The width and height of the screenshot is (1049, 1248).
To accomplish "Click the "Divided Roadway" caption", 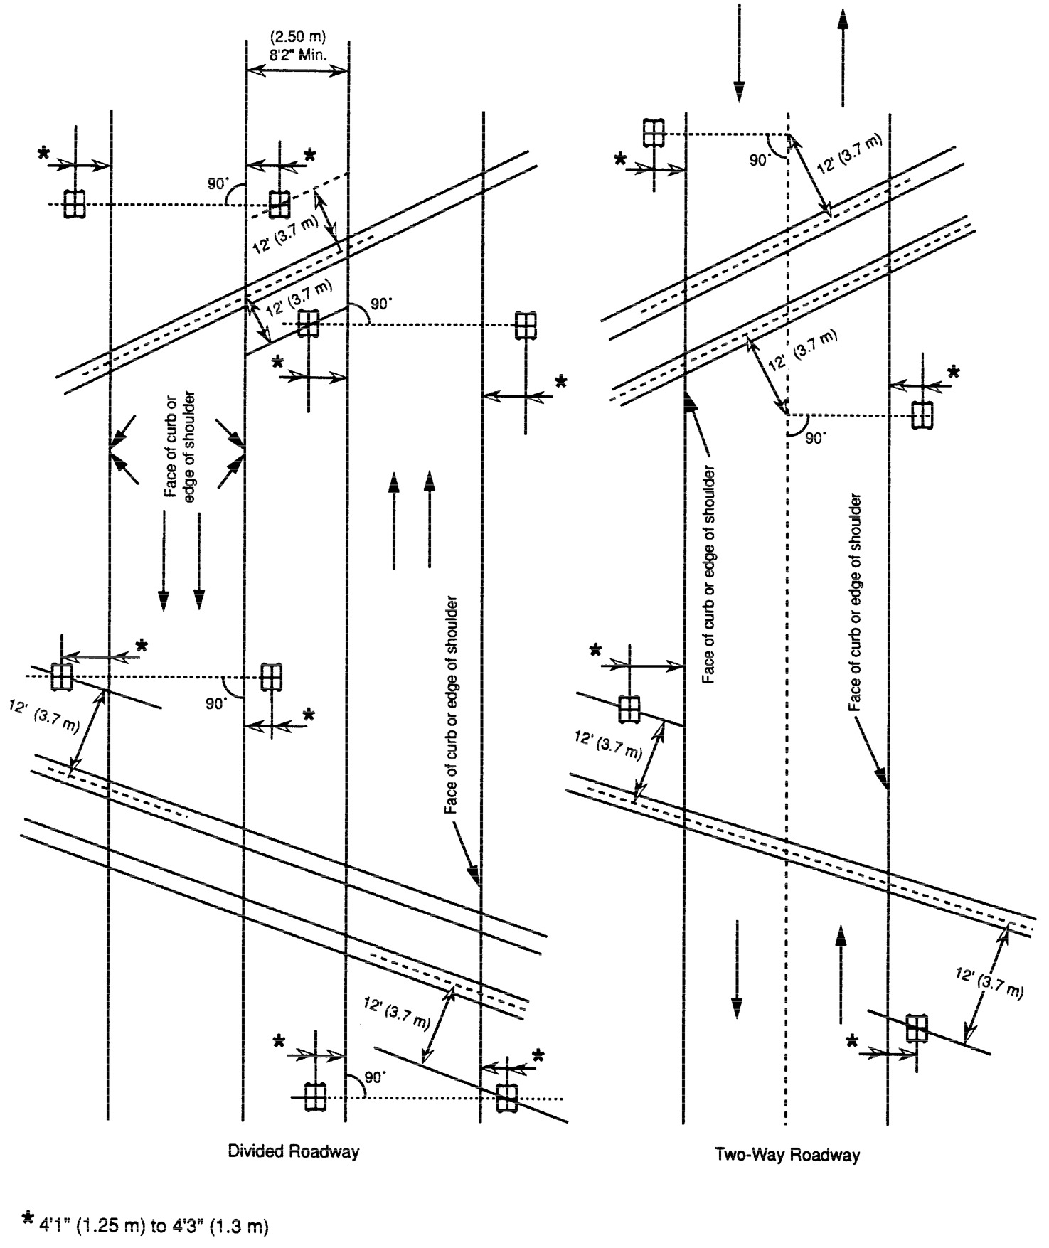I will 293,1151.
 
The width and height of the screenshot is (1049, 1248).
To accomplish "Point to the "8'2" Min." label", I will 297,54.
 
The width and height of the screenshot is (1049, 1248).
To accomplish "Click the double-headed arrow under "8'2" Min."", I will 297,70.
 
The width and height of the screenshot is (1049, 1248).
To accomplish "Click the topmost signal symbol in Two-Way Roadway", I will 653,132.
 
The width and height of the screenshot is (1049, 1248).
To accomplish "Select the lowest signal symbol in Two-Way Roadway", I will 917,1028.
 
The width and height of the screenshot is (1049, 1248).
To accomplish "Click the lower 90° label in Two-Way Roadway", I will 815,438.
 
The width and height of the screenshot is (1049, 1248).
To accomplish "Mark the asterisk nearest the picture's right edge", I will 954,372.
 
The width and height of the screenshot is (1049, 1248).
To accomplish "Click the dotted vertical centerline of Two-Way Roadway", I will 787,640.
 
